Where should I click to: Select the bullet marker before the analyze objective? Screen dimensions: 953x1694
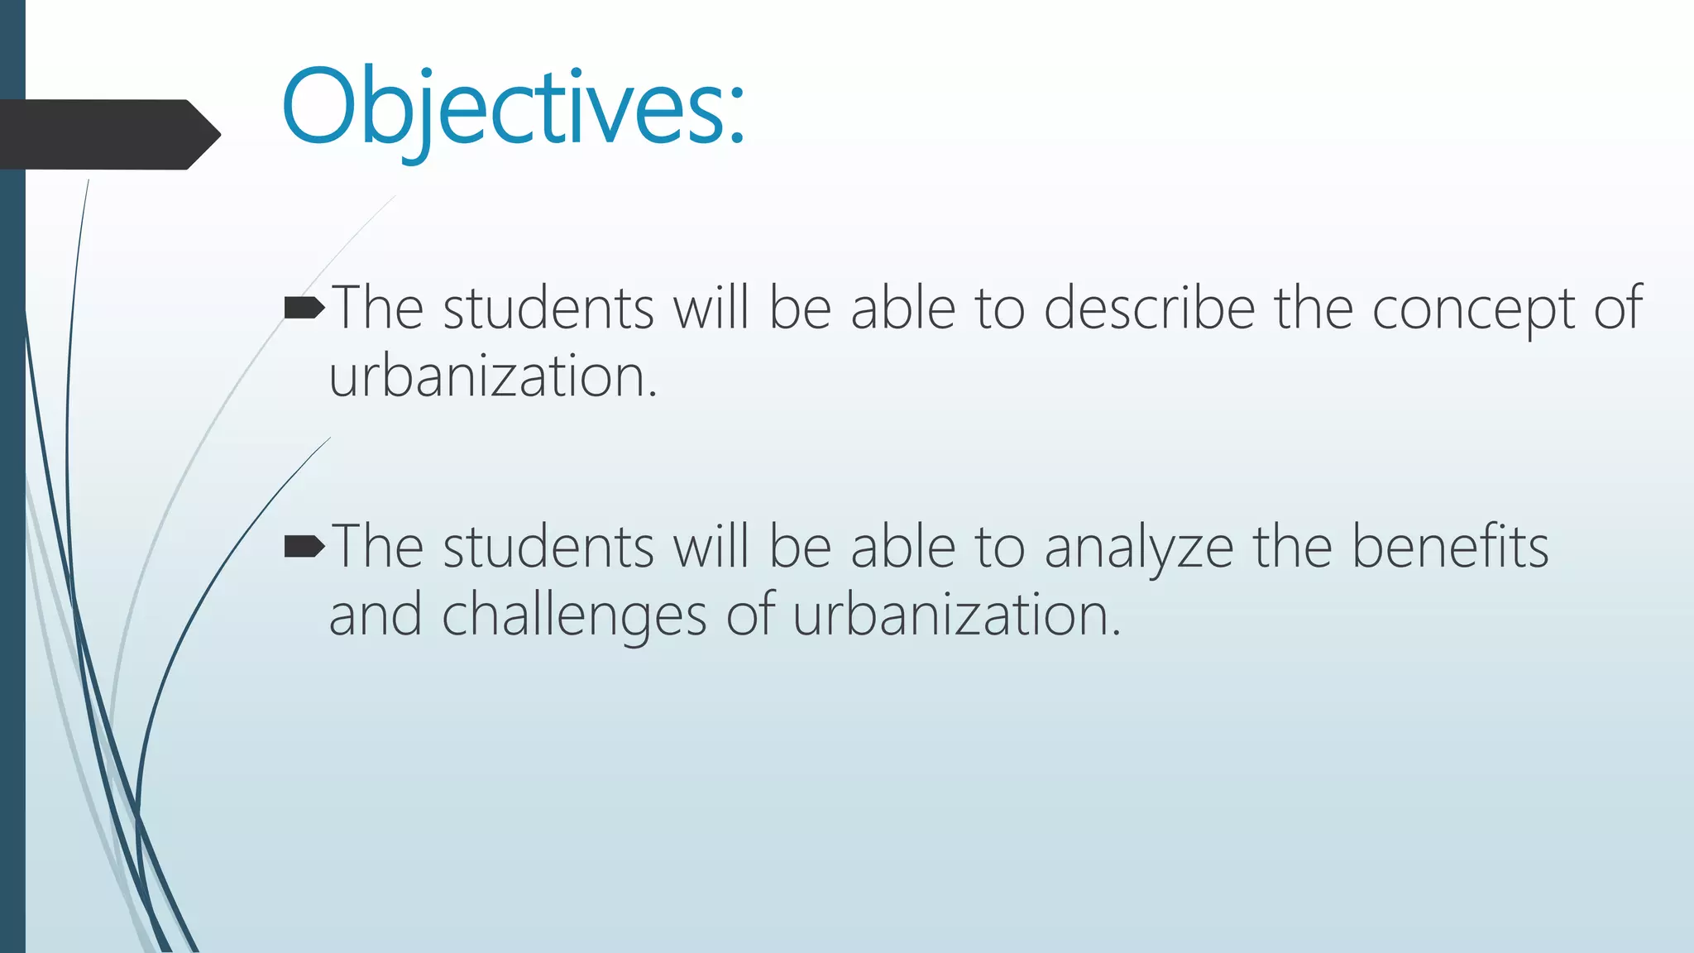click(304, 547)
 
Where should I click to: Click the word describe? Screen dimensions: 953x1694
click(1149, 309)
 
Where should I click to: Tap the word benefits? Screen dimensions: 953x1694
click(1449, 547)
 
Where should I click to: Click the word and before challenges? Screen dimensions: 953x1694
click(376, 615)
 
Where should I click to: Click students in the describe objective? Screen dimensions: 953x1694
click(548, 309)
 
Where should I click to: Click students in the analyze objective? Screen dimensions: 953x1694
click(548, 547)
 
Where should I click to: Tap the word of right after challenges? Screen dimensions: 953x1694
click(750, 615)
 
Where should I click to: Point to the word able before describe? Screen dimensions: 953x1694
click(903, 309)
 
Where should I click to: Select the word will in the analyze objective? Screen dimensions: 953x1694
click(711, 547)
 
